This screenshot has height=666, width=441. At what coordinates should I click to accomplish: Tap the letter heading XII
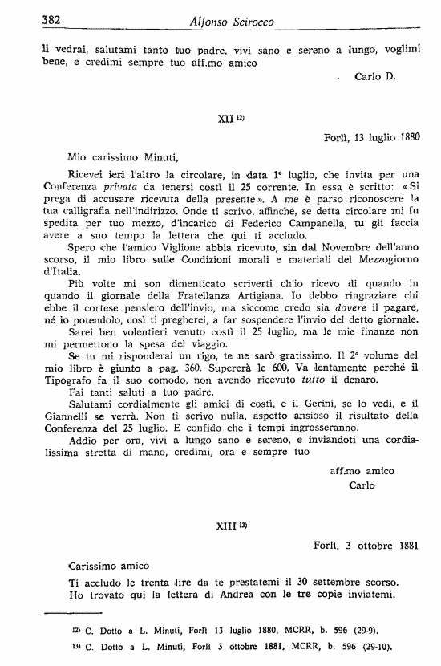[x=225, y=117]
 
